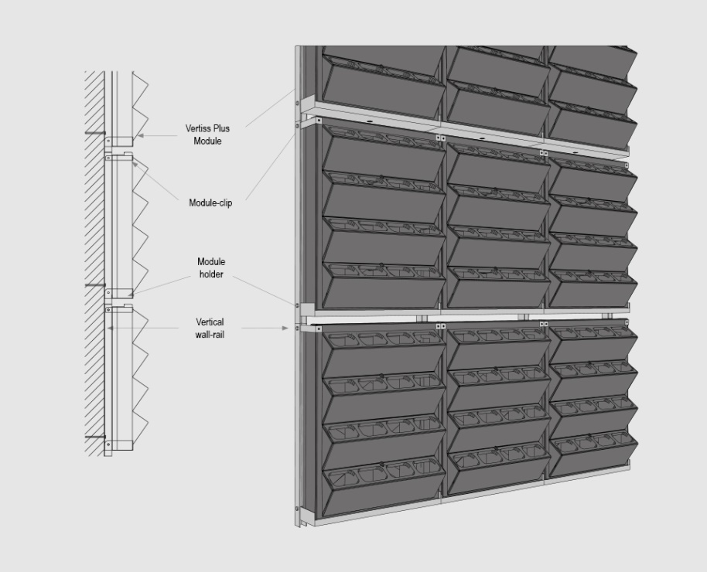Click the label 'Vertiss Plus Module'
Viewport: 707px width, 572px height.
(x=207, y=134)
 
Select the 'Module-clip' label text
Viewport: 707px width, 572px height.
(x=210, y=203)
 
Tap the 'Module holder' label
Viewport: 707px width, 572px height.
(x=211, y=267)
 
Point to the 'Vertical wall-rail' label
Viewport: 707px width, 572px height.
(x=210, y=329)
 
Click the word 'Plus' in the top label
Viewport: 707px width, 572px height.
(x=221, y=128)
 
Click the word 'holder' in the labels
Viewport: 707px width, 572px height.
(x=211, y=274)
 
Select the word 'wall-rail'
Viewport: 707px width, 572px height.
(x=210, y=335)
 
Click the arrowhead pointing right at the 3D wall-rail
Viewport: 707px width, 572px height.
(x=285, y=329)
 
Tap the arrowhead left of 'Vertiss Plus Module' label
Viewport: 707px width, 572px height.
(x=140, y=135)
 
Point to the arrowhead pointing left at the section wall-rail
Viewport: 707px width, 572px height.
(x=110, y=329)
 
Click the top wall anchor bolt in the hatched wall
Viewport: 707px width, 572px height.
(x=95, y=133)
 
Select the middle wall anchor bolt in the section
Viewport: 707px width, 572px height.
(x=95, y=285)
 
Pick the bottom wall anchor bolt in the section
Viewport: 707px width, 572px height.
(x=95, y=437)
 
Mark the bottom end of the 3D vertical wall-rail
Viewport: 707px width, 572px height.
(x=298, y=526)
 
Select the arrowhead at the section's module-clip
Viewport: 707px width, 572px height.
(x=135, y=165)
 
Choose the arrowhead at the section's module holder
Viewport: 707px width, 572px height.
(x=131, y=295)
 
